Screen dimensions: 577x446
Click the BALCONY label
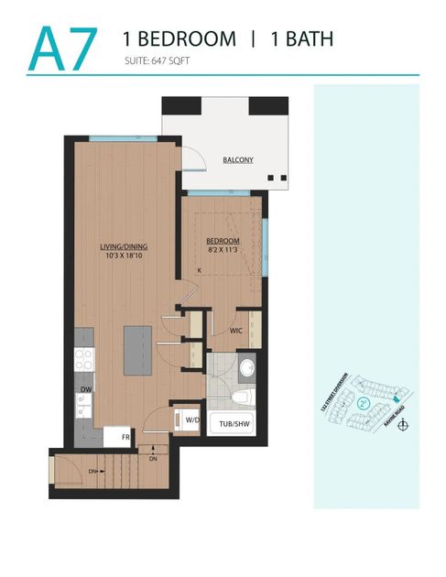pos(238,160)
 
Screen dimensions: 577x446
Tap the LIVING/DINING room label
pos(125,246)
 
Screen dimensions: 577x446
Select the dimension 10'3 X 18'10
pos(125,257)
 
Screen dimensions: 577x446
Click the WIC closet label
pos(235,330)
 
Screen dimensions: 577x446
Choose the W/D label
pos(192,420)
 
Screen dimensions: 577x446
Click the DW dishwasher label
pos(84,389)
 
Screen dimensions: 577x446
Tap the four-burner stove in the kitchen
pos(83,359)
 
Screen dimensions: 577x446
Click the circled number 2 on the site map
pos(364,403)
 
